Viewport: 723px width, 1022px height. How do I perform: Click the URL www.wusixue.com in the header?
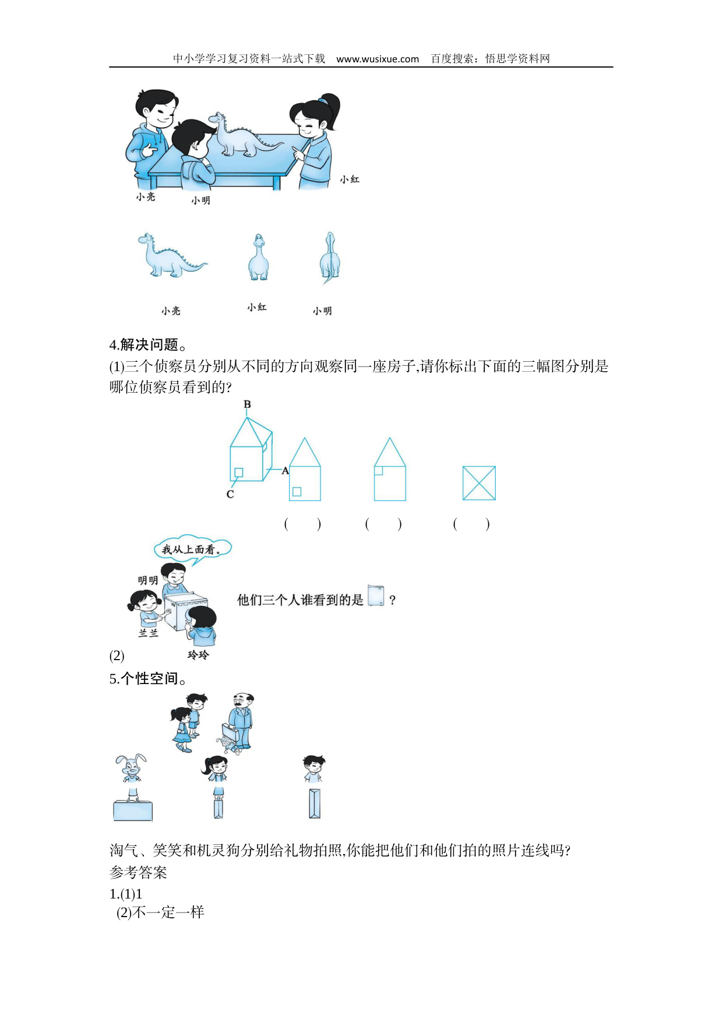(x=378, y=59)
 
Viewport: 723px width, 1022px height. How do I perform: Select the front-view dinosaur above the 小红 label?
(x=258, y=258)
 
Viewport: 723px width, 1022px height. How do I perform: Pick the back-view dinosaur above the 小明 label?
(x=329, y=258)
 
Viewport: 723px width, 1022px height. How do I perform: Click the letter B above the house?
(x=247, y=404)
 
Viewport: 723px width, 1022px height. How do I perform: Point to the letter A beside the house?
(x=285, y=471)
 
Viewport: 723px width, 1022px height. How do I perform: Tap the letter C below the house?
(x=230, y=495)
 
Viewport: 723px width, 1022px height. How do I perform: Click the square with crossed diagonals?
(x=479, y=483)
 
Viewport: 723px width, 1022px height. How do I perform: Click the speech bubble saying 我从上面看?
(x=193, y=549)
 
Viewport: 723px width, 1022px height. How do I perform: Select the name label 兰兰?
(x=149, y=633)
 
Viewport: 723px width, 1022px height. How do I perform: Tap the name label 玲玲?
(x=198, y=655)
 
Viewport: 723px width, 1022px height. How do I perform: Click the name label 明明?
(x=148, y=580)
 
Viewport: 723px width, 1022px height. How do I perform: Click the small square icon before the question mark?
(x=376, y=595)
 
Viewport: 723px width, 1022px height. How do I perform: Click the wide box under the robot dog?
(x=133, y=810)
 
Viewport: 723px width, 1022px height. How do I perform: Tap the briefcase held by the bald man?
(x=229, y=732)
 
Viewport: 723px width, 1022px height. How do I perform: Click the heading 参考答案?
(x=138, y=873)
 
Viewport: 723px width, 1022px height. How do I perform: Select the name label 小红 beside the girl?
(x=350, y=179)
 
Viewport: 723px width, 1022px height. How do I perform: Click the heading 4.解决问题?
(x=148, y=345)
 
